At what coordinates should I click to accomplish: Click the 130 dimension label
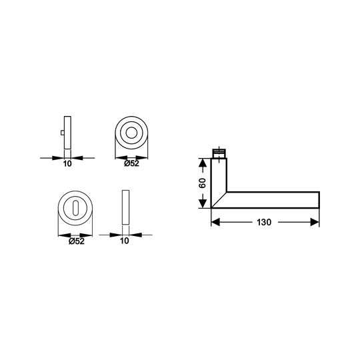tap(264, 222)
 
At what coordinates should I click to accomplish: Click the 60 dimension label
tap(203, 183)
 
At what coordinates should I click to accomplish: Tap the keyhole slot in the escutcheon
tap(75, 208)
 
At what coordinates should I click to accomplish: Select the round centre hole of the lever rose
tap(131, 133)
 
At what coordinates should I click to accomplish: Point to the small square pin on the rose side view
tap(63, 133)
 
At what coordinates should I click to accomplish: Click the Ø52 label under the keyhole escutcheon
tap(77, 241)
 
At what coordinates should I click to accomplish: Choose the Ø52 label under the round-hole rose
tap(131, 163)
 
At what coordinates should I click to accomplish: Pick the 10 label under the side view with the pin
tap(67, 164)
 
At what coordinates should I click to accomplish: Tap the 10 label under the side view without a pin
tap(125, 241)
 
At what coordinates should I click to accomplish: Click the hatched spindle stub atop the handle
tap(219, 153)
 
